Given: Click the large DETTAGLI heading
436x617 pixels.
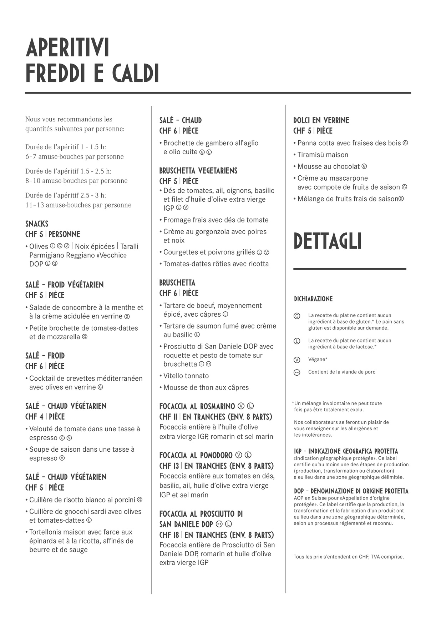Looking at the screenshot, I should (328, 241).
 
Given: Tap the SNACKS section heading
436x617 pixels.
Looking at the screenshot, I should (37, 224).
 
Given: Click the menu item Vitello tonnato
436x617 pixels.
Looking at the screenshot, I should (186, 376).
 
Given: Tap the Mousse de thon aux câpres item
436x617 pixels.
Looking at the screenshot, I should (206, 387).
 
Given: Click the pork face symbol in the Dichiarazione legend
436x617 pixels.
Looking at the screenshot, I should (296, 372).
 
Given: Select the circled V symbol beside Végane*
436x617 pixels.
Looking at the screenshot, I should (296, 360).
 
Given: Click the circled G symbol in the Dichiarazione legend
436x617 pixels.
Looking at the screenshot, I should (296, 316).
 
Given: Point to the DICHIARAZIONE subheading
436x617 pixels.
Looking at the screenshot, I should (313, 299).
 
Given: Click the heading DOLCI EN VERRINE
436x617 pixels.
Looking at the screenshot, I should (321, 120).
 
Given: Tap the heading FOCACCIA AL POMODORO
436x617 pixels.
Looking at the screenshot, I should (196, 455).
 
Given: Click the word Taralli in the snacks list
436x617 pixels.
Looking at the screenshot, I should (129, 246).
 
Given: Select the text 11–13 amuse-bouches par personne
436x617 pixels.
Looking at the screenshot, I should (78, 205).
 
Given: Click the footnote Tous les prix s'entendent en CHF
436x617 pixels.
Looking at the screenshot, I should (349, 557).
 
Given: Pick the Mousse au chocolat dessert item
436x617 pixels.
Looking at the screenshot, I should (329, 166).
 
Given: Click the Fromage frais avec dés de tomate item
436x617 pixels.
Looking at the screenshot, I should (216, 220).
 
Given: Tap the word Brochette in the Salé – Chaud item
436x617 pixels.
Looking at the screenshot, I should (179, 143).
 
